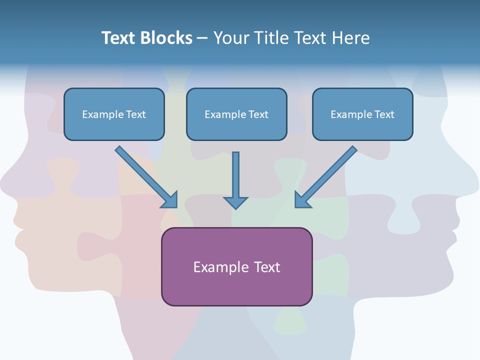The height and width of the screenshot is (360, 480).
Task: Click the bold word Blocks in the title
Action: click(x=166, y=38)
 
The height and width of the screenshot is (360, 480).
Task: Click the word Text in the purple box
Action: click(x=267, y=267)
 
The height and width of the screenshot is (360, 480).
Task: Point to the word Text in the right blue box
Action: click(x=384, y=114)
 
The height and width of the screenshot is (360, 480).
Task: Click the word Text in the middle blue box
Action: click(x=258, y=114)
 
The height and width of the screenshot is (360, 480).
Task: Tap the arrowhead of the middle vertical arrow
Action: click(x=235, y=202)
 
